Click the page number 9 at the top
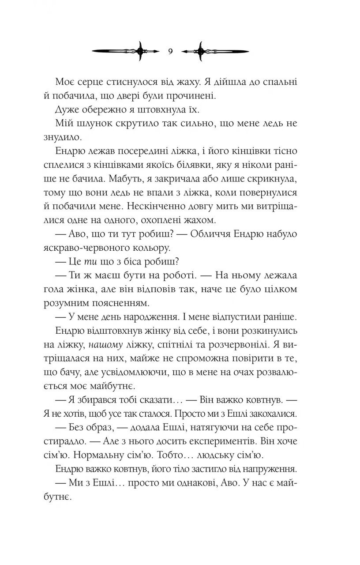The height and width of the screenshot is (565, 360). coord(171,51)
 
